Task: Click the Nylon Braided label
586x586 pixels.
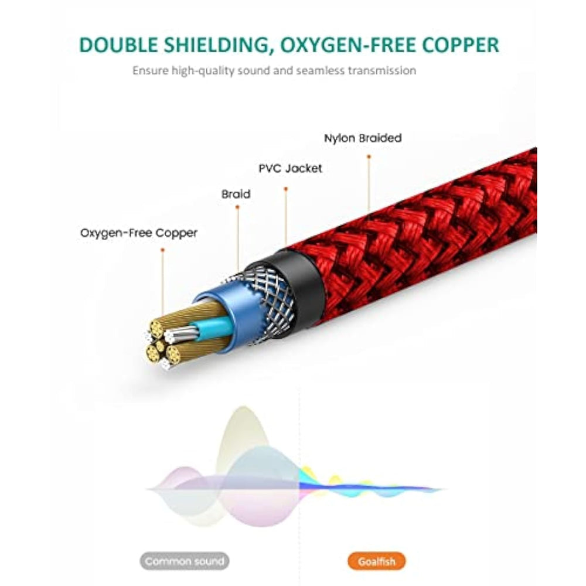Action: (x=363, y=138)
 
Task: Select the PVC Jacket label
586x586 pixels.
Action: (x=290, y=168)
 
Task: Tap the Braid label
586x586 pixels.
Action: (x=236, y=194)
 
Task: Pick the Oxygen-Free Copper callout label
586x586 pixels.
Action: (x=139, y=233)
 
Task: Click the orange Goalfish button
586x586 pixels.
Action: (x=377, y=561)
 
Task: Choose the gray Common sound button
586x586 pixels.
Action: (x=184, y=561)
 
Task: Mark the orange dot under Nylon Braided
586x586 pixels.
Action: (x=369, y=156)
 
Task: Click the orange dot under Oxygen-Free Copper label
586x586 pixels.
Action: (x=162, y=250)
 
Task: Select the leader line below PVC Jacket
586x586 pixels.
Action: (x=285, y=217)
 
